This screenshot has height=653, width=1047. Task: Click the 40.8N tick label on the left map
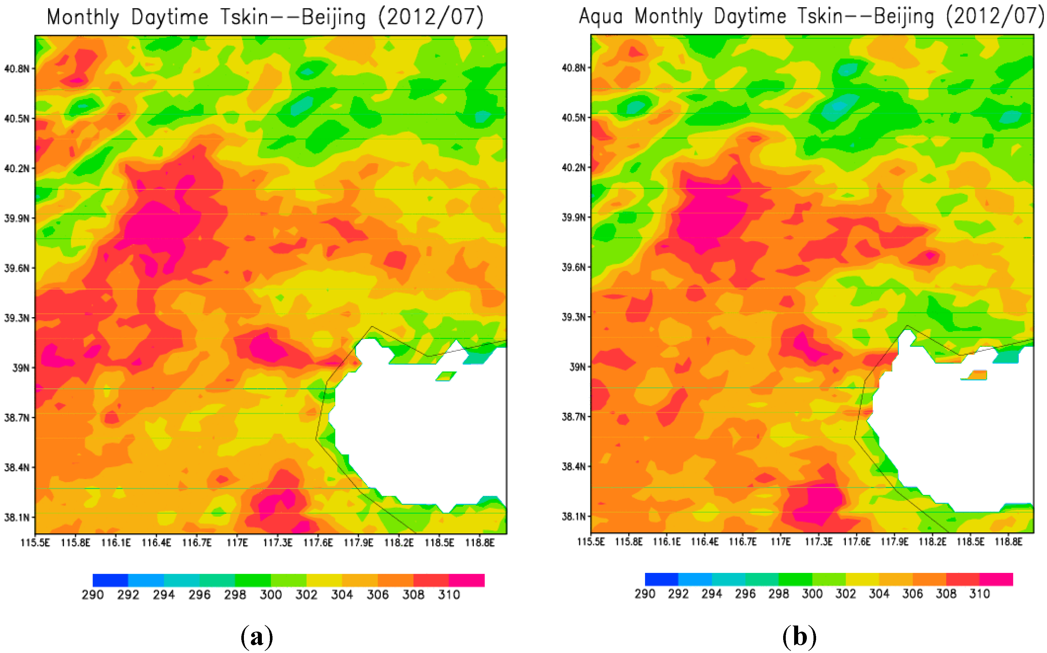[17, 69]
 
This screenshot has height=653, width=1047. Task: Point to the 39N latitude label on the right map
[577, 367]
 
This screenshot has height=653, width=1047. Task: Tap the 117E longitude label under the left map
[237, 543]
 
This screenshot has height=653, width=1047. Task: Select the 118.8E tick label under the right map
[1009, 542]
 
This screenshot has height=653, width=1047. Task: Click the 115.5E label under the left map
[35, 543]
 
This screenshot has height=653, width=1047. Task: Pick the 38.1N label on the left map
[17, 517]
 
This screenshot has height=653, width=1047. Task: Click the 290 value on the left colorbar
[93, 595]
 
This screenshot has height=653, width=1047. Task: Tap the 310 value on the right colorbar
[979, 594]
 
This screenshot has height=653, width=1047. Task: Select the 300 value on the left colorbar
[270, 595]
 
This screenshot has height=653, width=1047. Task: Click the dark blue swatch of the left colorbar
[110, 580]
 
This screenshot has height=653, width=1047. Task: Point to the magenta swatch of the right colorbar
[996, 579]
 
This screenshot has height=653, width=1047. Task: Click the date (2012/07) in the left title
[431, 18]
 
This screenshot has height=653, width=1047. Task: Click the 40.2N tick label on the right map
[574, 167]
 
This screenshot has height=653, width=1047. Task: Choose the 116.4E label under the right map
[705, 542]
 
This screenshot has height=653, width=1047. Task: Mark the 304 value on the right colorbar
[879, 594]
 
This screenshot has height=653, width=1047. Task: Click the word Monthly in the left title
[83, 18]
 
